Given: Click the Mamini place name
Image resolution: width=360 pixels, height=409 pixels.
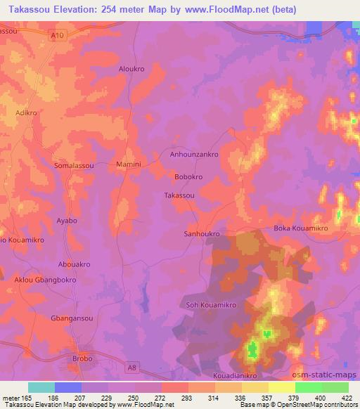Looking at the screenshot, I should coord(129,164).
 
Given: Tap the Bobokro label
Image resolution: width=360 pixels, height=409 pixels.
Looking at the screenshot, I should coord(188,177).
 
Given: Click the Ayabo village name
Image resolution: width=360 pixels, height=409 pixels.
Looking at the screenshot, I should coord(67,221).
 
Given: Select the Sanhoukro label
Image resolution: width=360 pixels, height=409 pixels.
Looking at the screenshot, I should coord(202,233).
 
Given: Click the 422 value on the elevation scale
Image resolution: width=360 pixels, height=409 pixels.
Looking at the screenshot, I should coord(348,398).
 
